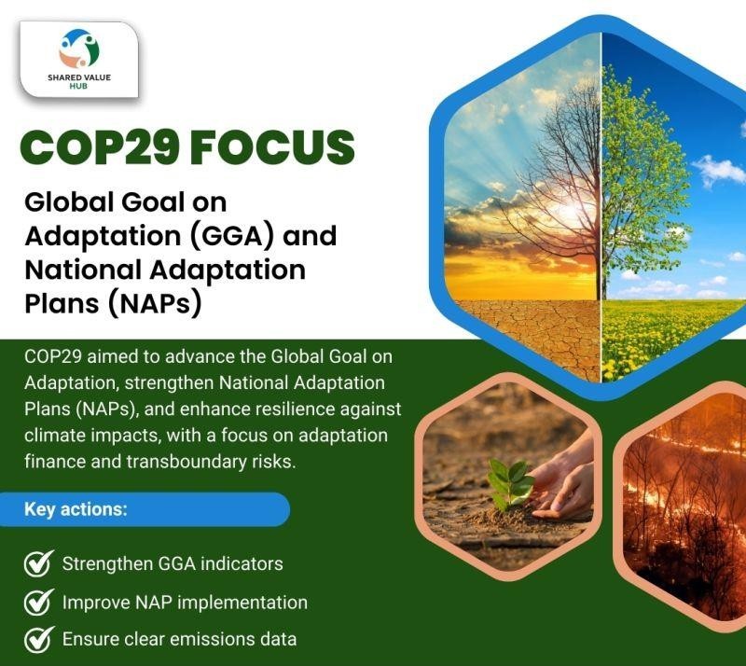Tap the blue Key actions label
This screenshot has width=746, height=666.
76,510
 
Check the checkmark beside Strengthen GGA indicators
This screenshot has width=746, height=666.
37,564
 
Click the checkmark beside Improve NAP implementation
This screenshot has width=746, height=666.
37,603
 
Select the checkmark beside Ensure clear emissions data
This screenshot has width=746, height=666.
37,640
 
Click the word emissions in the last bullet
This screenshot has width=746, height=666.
213,640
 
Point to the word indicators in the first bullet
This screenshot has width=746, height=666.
243,564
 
